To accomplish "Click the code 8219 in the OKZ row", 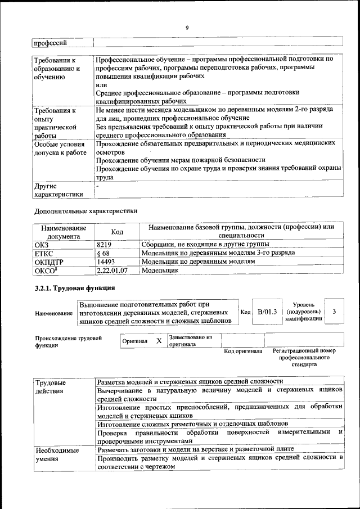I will click(105, 244).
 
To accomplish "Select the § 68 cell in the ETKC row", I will click(103, 253).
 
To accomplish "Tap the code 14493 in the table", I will click(106, 262).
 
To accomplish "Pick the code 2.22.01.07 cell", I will click(112, 271).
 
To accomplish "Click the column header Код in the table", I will click(117, 232).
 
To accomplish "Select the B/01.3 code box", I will click(267, 312).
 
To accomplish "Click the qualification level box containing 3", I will click(335, 311).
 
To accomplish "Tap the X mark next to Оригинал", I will click(159, 341).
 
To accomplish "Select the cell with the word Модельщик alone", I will click(159, 271).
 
